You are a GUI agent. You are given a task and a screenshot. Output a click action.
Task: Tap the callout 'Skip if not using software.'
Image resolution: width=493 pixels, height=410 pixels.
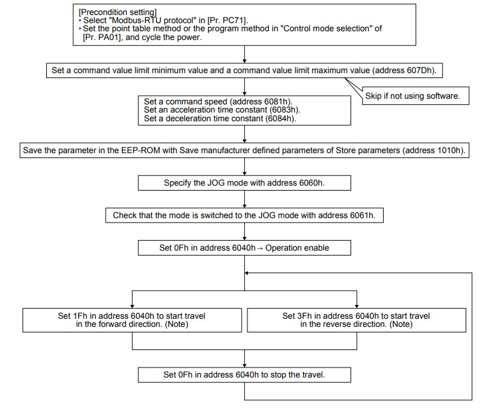click(x=412, y=96)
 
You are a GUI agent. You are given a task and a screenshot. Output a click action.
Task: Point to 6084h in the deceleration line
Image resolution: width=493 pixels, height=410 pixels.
click(x=280, y=119)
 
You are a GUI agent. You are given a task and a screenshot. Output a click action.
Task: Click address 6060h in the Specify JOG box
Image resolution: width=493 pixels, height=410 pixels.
click(x=311, y=183)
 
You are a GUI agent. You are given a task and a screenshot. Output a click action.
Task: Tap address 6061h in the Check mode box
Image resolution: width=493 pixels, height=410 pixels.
click(x=362, y=216)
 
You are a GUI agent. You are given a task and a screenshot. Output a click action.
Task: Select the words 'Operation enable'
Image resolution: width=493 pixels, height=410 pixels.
click(x=297, y=247)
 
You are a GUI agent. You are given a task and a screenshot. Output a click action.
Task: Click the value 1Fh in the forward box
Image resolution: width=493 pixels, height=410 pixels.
click(x=80, y=316)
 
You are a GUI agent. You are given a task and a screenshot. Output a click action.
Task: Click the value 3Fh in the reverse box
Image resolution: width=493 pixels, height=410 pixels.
click(x=304, y=316)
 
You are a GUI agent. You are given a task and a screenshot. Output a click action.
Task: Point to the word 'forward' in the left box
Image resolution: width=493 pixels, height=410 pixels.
click(x=113, y=324)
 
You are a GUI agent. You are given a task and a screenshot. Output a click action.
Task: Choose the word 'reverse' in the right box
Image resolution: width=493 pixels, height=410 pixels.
click(x=337, y=324)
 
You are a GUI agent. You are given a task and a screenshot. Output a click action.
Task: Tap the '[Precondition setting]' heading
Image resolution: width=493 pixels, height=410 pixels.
click(x=117, y=12)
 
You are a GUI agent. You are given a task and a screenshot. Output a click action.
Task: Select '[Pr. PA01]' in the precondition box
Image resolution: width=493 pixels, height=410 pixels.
click(x=102, y=37)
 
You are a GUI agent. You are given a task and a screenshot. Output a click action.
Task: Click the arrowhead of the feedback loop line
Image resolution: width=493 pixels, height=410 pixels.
click(x=246, y=273)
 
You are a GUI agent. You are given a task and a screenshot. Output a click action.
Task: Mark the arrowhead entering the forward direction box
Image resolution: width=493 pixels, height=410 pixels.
click(x=132, y=306)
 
